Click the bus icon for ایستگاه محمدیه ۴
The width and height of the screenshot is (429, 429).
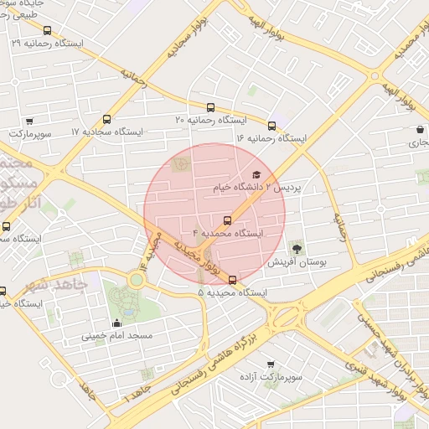pos(227,220)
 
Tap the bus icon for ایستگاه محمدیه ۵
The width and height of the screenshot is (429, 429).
pos(232,281)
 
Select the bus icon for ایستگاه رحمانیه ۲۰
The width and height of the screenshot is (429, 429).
pos(210,107)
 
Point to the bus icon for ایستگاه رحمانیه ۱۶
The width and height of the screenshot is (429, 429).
pos(271,125)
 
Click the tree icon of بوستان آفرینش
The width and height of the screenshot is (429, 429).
pos(296,247)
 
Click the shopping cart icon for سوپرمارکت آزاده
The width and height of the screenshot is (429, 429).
pos(270,364)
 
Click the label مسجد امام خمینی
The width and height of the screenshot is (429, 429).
pos(116,337)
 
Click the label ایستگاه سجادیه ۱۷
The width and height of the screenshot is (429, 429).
pos(108,132)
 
